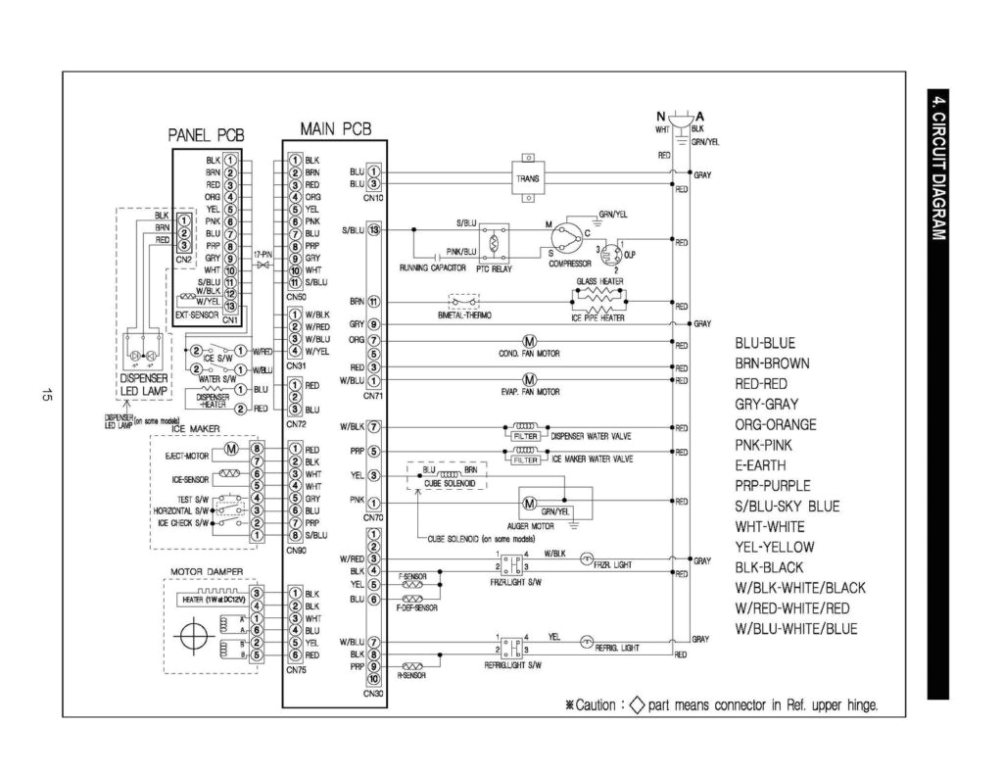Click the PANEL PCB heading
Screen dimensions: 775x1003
point(206,135)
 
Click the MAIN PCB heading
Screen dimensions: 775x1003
point(335,128)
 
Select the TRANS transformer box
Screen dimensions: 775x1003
point(527,178)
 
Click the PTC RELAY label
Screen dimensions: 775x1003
point(495,267)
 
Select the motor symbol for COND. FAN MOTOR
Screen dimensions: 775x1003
point(529,341)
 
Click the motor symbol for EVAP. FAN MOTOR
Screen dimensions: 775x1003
point(529,379)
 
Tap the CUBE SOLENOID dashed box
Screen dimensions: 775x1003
point(450,477)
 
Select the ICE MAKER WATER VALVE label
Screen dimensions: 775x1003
point(593,458)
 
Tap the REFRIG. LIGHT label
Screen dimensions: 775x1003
point(617,648)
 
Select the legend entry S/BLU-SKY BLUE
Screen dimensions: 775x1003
point(787,506)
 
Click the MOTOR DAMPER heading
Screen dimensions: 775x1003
point(207,572)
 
